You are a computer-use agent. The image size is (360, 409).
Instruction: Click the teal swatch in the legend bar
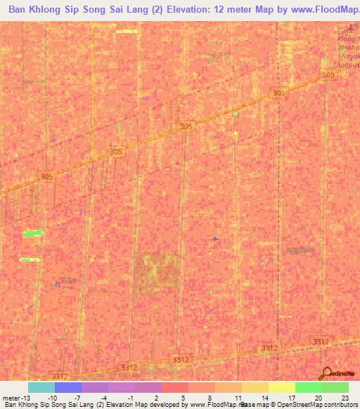click(41, 387)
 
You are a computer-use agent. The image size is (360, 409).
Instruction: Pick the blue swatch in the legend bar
click(67, 387)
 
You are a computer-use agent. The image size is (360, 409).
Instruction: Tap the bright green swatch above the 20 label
click(308, 387)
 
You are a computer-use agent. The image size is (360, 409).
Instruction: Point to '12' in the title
click(226, 10)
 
